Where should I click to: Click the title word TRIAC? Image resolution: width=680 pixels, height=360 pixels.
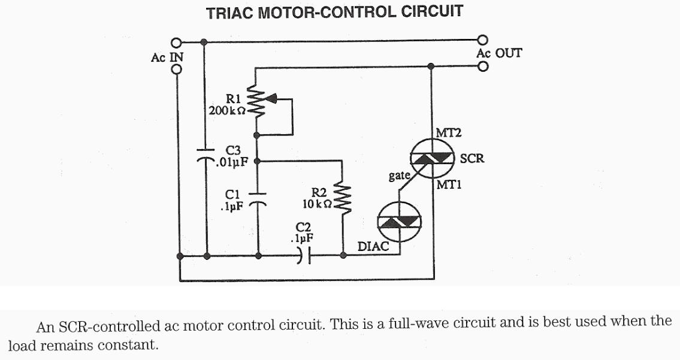click(x=229, y=13)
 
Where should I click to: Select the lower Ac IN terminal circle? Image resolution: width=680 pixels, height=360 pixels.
click(x=176, y=69)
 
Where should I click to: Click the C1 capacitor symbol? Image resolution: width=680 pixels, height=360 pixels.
click(x=258, y=198)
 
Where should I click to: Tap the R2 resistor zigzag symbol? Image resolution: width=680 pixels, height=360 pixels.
click(x=343, y=201)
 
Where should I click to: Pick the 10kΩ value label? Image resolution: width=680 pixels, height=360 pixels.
click(x=317, y=204)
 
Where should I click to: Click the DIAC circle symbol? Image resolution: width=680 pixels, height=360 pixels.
click(x=398, y=222)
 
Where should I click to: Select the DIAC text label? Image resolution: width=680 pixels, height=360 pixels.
click(x=373, y=246)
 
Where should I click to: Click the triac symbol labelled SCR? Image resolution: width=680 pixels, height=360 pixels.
click(x=432, y=158)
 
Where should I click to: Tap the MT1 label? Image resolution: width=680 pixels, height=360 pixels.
click(x=449, y=185)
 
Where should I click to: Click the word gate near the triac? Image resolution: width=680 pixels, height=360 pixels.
click(x=400, y=176)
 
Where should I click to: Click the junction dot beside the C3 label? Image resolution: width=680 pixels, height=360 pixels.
click(x=258, y=161)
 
